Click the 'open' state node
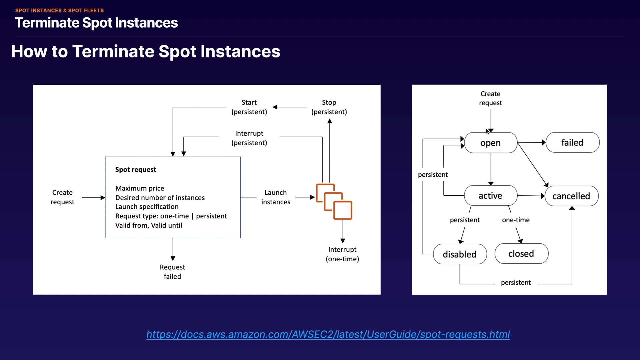click(x=490, y=143)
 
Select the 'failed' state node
click(x=572, y=142)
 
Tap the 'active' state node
click(x=490, y=196)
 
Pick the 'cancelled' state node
click(x=571, y=196)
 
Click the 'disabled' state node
click(x=460, y=254)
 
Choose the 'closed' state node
click(x=521, y=254)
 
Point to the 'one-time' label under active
click(x=516, y=220)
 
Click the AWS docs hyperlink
click(x=328, y=334)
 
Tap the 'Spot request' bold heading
click(x=136, y=170)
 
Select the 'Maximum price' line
click(x=140, y=188)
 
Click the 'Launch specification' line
click(x=147, y=207)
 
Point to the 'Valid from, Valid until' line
click(x=149, y=225)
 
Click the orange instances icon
click(x=334, y=201)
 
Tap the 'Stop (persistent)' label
click(x=329, y=107)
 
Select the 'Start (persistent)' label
click(x=249, y=107)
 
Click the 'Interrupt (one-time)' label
click(x=342, y=254)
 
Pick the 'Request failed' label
click(x=172, y=272)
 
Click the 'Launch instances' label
click(x=276, y=197)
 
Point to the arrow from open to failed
click(x=531, y=143)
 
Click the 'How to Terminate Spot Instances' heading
click(x=146, y=52)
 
